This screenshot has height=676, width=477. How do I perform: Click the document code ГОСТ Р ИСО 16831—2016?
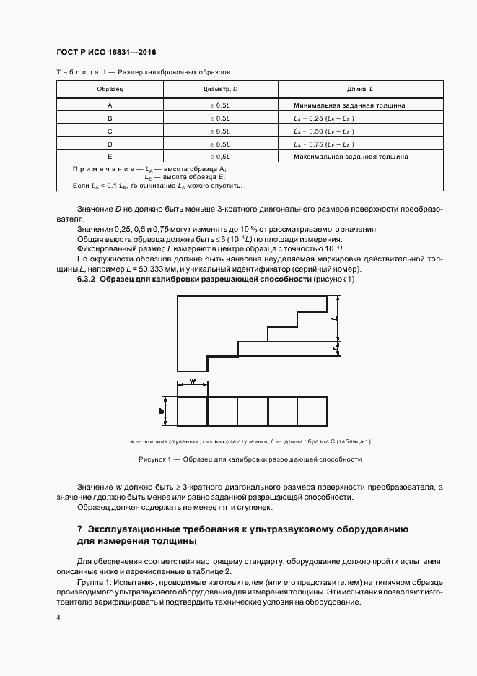pyautogui.click(x=106, y=53)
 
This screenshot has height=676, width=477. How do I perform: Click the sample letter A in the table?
pyautogui.click(x=110, y=105)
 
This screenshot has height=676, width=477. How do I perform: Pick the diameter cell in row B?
pyautogui.click(x=219, y=118)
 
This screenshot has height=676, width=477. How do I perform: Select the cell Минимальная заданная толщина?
pyautogui.click(x=349, y=105)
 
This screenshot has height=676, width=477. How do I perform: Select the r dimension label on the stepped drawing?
pyautogui.click(x=335, y=347)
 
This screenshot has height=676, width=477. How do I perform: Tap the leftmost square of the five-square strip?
pyautogui.click(x=193, y=411)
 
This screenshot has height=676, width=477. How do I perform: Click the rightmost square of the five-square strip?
pyautogui.click(x=312, y=411)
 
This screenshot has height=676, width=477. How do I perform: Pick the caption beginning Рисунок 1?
pyautogui.click(x=250, y=459)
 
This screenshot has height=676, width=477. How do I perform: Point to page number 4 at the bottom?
pyautogui.click(x=58, y=619)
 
